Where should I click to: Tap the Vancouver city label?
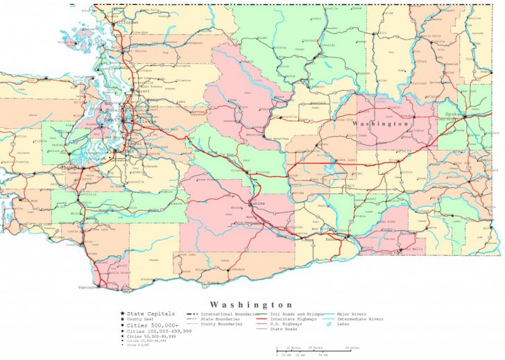[x=86, y=286]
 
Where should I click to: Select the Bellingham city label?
[x=128, y=23]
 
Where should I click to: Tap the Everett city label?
[x=142, y=91]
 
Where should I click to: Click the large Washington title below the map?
[x=252, y=305]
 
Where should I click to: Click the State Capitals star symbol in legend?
[x=122, y=314]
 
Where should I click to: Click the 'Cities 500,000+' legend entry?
[x=153, y=325]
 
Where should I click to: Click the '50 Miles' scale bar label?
[x=353, y=347]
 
